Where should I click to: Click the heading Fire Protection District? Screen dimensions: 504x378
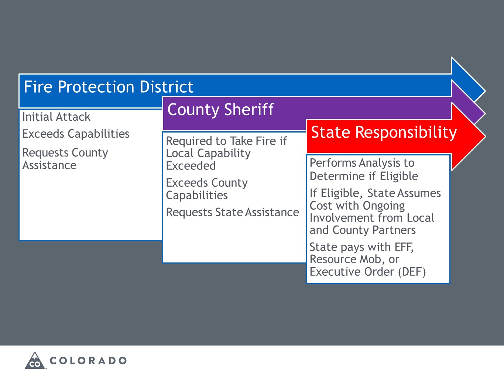coord(109,87)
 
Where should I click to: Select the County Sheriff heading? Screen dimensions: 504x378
coord(220,110)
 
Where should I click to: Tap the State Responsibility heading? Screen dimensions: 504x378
coord(384,133)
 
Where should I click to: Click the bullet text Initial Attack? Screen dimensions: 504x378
coord(56,117)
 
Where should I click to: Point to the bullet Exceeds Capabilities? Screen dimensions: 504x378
coord(76,134)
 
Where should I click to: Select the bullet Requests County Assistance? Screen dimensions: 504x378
coord(65,159)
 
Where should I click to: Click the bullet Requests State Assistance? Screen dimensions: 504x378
coord(232,213)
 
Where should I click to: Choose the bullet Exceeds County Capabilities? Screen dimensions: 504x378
coord(207,189)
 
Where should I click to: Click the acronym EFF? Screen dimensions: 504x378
coord(404,247)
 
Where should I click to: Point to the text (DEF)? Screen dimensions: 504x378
coord(412,272)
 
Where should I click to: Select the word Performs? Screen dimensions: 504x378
coord(333,163)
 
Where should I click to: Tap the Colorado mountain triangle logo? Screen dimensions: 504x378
coord(35,361)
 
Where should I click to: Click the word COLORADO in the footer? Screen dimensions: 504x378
coord(88,361)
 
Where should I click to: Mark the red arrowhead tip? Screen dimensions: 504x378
coord(485,137)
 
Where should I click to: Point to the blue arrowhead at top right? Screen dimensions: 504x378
coord(469,79)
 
